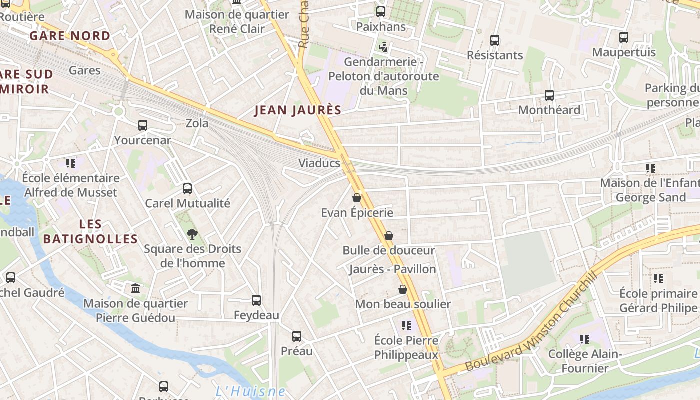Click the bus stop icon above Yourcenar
143,125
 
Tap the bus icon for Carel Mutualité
187,189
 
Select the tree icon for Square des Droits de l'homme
192,234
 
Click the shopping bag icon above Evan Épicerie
357,198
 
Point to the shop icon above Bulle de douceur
389,236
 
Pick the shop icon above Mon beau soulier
403,289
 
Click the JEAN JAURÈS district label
298,110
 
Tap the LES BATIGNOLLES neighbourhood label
90,232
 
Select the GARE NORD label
70,36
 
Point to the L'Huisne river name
251,391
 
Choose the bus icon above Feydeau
256,300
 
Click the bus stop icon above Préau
297,336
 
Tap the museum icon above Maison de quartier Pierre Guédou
135,289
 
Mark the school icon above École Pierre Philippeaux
406,326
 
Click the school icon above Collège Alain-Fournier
585,339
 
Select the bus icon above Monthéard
549,95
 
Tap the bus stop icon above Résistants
495,40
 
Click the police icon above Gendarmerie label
383,47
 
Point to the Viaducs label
319,163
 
